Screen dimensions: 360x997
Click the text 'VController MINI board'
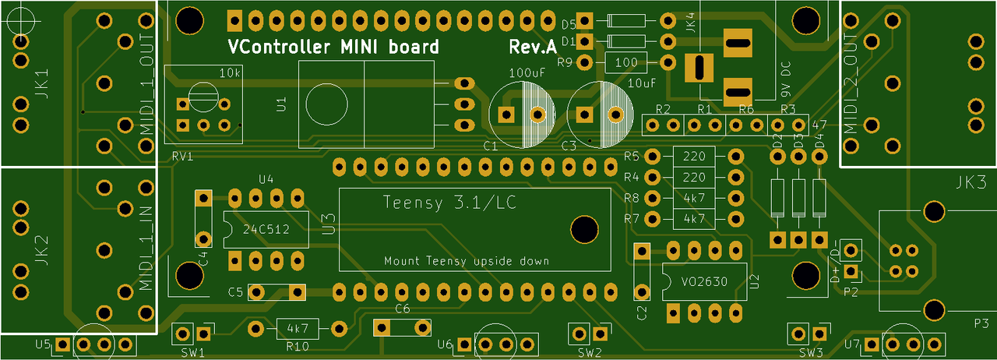point(333,47)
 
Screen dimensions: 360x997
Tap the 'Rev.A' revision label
point(533,47)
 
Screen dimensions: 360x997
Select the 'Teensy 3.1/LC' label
point(453,203)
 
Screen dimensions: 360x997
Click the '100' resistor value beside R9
point(626,62)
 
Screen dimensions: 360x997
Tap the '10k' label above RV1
point(230,73)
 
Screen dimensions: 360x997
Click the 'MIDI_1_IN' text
point(146,247)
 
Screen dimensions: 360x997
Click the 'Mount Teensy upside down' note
point(467,261)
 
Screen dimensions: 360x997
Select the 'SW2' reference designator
point(589,352)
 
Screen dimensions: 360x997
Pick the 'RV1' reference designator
point(182,157)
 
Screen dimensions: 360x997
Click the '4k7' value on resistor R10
point(298,328)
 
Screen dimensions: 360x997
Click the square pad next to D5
point(587,23)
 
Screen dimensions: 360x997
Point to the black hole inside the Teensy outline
point(583,228)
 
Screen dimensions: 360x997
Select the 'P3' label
point(981,323)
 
